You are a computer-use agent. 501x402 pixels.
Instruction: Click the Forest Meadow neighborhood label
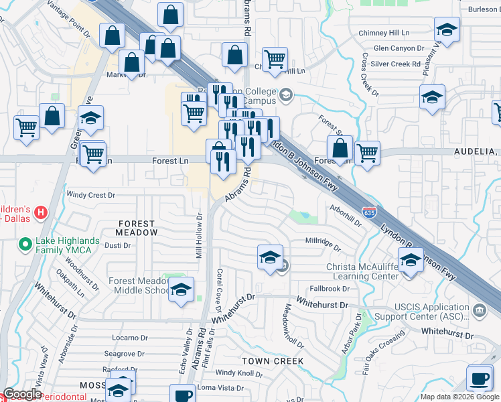click(137, 228)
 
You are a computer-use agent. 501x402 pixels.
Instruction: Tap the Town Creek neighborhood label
click(273, 361)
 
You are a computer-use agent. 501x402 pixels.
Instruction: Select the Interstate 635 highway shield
click(369, 212)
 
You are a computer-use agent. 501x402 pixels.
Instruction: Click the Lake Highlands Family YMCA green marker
click(25, 245)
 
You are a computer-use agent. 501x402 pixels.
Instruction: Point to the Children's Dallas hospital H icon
click(41, 214)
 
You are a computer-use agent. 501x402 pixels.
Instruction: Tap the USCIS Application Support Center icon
click(480, 310)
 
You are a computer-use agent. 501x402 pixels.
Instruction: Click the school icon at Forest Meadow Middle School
click(181, 289)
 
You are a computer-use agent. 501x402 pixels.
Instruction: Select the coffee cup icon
click(479, 377)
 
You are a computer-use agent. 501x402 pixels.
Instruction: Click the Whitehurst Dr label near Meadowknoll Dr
click(324, 305)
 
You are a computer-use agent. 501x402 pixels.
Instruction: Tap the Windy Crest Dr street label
click(92, 195)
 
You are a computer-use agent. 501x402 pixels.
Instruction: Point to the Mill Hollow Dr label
click(199, 235)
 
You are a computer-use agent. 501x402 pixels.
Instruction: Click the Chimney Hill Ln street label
click(384, 33)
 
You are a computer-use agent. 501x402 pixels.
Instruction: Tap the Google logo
click(21, 395)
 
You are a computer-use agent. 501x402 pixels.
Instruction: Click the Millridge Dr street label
click(324, 241)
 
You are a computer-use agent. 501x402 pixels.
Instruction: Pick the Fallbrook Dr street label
click(330, 289)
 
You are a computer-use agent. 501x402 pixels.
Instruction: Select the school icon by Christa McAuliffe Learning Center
click(411, 260)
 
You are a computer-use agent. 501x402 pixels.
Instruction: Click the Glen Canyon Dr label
click(399, 48)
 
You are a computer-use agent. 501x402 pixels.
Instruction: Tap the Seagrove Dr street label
click(125, 353)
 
